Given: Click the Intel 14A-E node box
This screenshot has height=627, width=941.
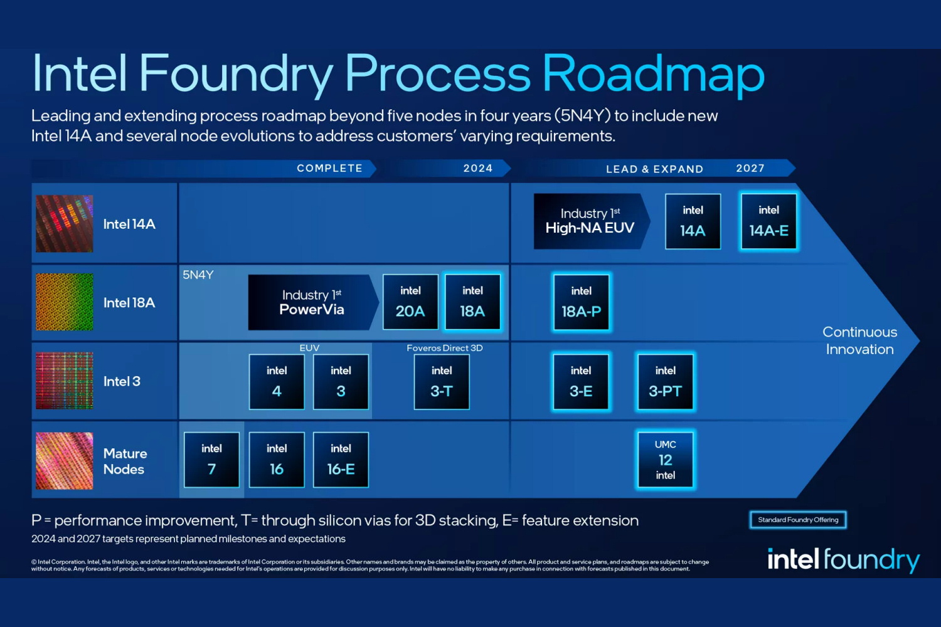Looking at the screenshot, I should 768,221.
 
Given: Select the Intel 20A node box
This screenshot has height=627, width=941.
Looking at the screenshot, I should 410,302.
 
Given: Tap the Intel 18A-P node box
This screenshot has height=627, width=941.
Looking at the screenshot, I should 581,302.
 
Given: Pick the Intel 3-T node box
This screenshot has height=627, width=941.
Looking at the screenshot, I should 442,382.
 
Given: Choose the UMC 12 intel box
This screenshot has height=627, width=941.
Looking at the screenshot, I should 666,460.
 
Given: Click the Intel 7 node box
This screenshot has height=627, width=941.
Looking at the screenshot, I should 211,460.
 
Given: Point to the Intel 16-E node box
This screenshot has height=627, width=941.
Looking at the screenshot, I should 341,460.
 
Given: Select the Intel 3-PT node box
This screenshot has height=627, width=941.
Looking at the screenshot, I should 666,382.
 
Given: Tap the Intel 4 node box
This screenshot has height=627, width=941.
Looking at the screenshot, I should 277,382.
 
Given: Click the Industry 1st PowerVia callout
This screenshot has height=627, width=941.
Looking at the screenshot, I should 312,302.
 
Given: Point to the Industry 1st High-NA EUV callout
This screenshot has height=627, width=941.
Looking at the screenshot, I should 590,221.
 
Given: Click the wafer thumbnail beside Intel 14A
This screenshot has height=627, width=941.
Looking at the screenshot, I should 65,224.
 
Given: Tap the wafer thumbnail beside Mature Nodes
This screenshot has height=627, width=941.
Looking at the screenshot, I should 65,461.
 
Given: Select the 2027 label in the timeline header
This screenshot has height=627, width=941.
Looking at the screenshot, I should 750,168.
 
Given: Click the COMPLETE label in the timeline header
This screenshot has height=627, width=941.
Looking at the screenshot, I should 329,168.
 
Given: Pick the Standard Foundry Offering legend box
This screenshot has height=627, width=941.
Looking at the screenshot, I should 798,520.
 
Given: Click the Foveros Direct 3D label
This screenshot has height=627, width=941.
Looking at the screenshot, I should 445,348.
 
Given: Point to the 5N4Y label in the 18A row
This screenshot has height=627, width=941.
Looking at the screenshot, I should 198,275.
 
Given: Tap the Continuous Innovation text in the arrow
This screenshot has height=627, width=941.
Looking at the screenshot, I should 859,340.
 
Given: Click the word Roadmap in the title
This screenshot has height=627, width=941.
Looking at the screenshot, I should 653,74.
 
